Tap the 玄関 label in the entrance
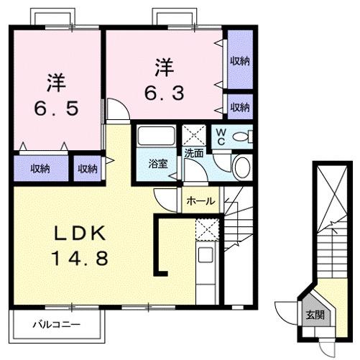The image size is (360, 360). point(314,314)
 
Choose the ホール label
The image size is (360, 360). point(200,202)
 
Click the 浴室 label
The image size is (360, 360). point(159,163)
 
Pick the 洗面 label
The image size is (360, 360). point(193,153)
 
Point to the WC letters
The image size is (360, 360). point(221,136)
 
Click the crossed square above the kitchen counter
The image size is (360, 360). point(206,230)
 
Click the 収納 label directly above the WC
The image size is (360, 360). point(240,107)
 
